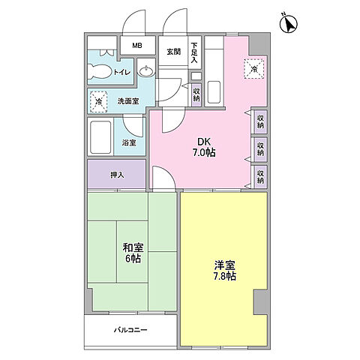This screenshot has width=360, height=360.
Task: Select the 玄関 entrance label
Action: [x=174, y=51]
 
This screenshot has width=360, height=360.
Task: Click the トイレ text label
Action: [x=121, y=73]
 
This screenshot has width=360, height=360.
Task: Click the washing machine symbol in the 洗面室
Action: [x=98, y=100]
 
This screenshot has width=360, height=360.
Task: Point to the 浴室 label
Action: [x=128, y=142]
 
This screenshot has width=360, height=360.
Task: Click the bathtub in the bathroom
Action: [x=100, y=138]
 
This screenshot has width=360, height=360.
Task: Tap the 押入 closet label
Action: [x=117, y=175]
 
